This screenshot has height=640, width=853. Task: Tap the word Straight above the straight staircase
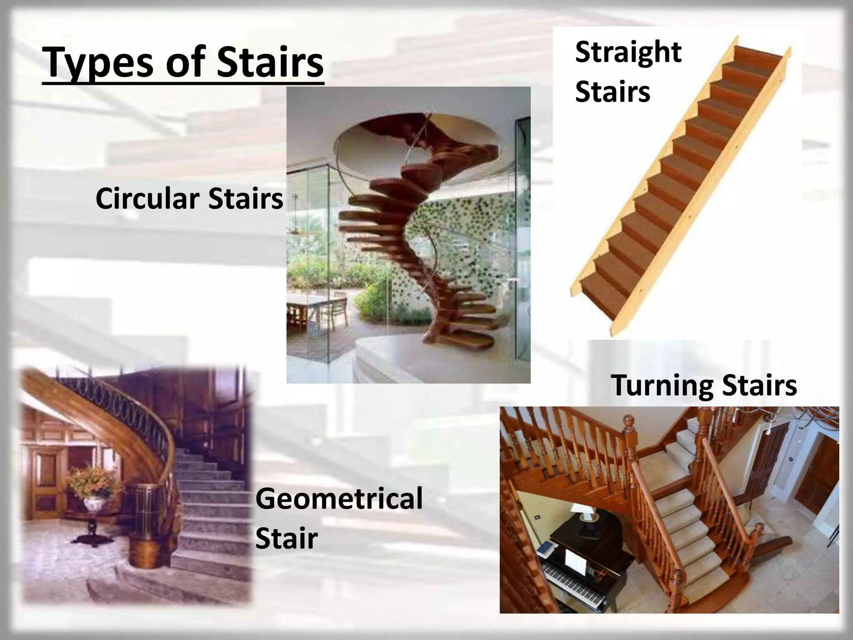tap(628, 52)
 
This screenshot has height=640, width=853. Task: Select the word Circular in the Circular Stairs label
tap(148, 199)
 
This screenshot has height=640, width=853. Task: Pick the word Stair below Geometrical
tap(287, 538)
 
